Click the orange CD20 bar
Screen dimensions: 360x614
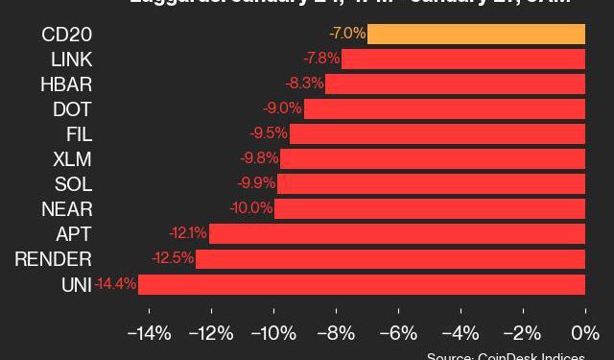[x=476, y=35]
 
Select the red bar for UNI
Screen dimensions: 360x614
[x=362, y=284]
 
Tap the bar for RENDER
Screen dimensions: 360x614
[x=390, y=259]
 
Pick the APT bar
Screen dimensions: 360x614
[x=397, y=234]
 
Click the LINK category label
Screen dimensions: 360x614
[x=72, y=60]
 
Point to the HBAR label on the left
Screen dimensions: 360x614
[x=66, y=84]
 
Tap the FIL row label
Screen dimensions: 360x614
[x=79, y=134]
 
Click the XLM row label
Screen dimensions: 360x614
[x=73, y=159]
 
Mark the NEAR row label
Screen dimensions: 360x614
[x=67, y=209]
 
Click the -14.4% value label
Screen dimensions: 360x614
[x=115, y=284]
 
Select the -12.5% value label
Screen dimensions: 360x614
[x=173, y=259]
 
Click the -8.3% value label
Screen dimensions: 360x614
[x=304, y=84]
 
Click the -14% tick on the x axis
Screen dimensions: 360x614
[x=149, y=334]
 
